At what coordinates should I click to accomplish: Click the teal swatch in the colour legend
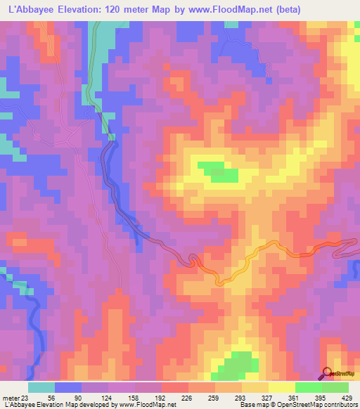point(41,387)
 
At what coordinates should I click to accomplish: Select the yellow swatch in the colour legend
point(282,387)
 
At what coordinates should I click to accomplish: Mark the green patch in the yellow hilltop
point(218,171)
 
